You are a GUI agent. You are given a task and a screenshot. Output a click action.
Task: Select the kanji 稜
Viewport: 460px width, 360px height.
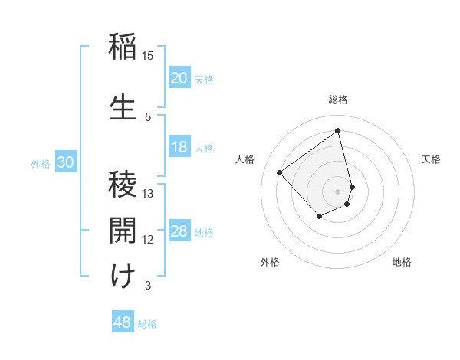click(x=123, y=185)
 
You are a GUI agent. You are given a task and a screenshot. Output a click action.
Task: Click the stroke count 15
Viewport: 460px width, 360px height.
click(x=148, y=56)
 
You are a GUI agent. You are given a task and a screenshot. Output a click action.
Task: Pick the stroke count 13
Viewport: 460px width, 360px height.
click(x=148, y=194)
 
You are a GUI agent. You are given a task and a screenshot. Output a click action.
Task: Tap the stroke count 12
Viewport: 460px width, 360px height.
click(x=148, y=240)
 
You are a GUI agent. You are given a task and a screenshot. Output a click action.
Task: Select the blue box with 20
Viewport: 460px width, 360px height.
click(x=179, y=78)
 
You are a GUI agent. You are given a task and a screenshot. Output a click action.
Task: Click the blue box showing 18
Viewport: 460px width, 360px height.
click(x=179, y=147)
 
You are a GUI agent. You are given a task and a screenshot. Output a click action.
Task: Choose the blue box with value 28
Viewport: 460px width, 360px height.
click(x=179, y=231)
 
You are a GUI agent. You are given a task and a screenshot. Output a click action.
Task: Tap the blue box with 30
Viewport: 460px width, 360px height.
click(x=65, y=162)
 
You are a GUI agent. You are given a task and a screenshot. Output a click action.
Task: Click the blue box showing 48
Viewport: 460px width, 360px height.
click(x=123, y=322)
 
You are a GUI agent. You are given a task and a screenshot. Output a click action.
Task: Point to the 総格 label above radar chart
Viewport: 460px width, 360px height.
click(x=338, y=100)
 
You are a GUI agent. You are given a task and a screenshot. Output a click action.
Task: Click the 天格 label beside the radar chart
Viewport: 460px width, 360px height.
click(x=431, y=159)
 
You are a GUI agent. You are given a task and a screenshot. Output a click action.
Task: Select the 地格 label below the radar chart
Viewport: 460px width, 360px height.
click(x=402, y=263)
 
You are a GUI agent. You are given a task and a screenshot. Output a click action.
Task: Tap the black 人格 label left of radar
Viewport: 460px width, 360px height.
click(x=245, y=159)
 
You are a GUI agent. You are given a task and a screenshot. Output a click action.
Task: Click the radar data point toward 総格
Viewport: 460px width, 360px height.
click(x=338, y=131)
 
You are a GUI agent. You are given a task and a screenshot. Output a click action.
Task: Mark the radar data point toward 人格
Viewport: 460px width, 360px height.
click(x=280, y=173)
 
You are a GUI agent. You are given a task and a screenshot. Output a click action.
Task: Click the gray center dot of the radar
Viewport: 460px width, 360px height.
click(x=338, y=191)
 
